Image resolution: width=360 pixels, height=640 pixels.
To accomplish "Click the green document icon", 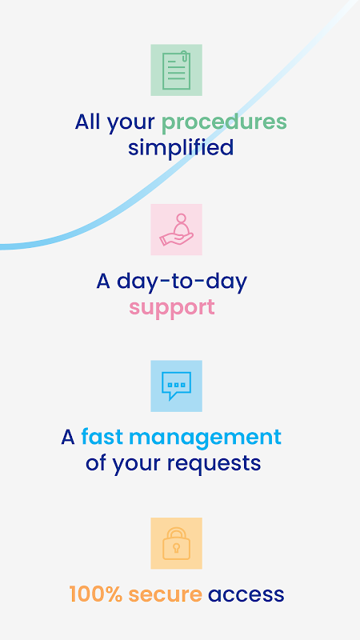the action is pyautogui.click(x=176, y=70).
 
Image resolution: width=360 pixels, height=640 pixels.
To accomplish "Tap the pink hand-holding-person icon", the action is pyautogui.click(x=176, y=230).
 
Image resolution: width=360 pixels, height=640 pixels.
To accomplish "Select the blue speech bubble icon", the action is pyautogui.click(x=176, y=386).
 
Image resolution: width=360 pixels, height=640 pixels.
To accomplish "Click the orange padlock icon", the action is pyautogui.click(x=176, y=543).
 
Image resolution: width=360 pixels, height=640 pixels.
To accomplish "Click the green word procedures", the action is pyautogui.click(x=224, y=122).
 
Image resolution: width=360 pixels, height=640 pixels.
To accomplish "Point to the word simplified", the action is pyautogui.click(x=181, y=147).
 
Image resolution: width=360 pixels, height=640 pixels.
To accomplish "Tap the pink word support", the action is pyautogui.click(x=172, y=308).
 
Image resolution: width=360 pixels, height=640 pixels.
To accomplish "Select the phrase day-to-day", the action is pyautogui.click(x=182, y=282).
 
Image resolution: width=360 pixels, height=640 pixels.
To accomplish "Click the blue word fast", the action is pyautogui.click(x=102, y=437).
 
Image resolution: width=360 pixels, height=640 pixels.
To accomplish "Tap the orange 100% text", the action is pyautogui.click(x=96, y=594).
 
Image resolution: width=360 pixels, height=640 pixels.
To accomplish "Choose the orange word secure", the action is pyautogui.click(x=166, y=595).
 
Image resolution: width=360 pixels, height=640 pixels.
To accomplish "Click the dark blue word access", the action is pyautogui.click(x=246, y=595).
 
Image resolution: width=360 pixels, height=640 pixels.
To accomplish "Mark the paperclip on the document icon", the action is pyautogui.click(x=184, y=57).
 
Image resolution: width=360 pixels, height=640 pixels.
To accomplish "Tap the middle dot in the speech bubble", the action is pyautogui.click(x=176, y=385).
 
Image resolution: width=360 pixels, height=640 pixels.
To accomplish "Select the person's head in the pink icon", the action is pyautogui.click(x=182, y=218).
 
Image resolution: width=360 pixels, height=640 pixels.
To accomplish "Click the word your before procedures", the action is pyautogui.click(x=131, y=123).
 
